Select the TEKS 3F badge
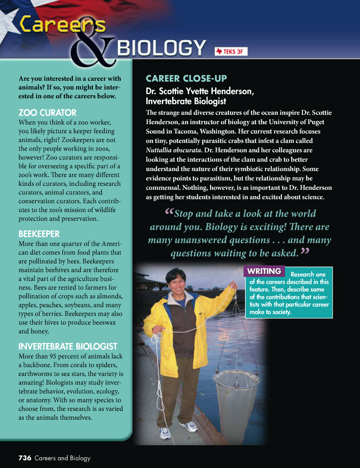point(230,51)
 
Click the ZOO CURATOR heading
point(47,113)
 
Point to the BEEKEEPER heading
point(39,234)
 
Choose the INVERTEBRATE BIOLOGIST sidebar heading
point(68,347)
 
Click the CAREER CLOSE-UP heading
point(186,79)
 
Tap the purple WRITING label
point(264,271)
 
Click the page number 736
point(25,458)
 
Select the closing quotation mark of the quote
point(305,251)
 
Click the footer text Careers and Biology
point(62,458)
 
